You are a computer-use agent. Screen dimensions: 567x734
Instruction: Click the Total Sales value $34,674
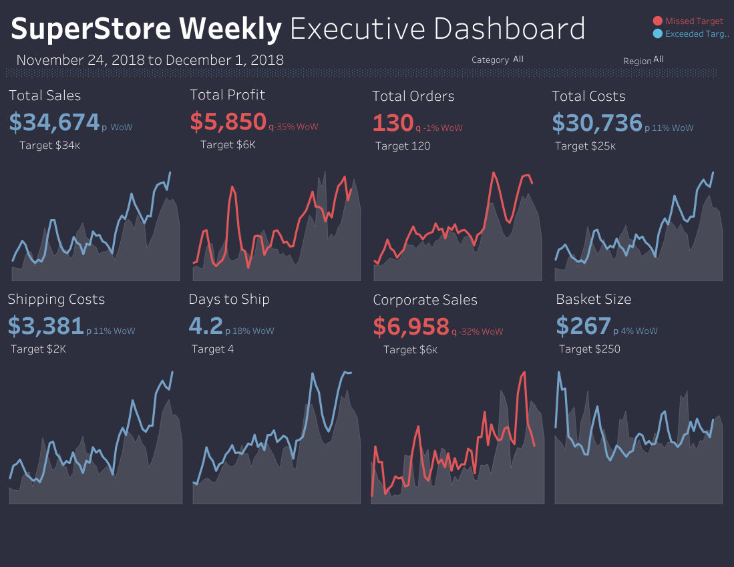click(x=54, y=122)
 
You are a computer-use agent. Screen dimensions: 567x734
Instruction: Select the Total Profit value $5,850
click(x=228, y=122)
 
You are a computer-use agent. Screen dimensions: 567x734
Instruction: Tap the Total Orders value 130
click(x=392, y=123)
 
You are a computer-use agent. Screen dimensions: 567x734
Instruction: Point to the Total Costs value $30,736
click(x=596, y=123)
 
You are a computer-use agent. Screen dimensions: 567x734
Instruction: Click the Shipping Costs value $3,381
click(x=45, y=326)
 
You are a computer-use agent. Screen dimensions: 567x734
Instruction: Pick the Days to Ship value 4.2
click(x=206, y=326)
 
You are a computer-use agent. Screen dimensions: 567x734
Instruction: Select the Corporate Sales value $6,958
click(x=411, y=327)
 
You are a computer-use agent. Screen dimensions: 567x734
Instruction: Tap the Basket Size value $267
click(x=583, y=326)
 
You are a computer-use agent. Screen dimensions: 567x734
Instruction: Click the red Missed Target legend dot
click(x=657, y=21)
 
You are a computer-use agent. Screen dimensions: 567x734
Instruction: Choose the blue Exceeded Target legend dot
click(x=657, y=33)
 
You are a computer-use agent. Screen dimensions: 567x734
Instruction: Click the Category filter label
click(x=490, y=60)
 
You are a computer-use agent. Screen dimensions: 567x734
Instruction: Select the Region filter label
click(x=637, y=61)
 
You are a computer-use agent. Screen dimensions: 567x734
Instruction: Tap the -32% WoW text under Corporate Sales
click(x=481, y=332)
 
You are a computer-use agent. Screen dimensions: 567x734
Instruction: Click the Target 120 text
click(x=403, y=146)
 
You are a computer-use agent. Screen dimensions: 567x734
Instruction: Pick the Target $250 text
click(x=589, y=349)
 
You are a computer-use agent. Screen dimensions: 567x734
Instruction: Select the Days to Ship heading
click(x=229, y=299)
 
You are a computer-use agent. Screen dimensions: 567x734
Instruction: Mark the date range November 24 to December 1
click(x=150, y=60)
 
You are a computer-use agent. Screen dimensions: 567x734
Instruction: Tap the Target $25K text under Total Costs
click(x=585, y=146)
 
